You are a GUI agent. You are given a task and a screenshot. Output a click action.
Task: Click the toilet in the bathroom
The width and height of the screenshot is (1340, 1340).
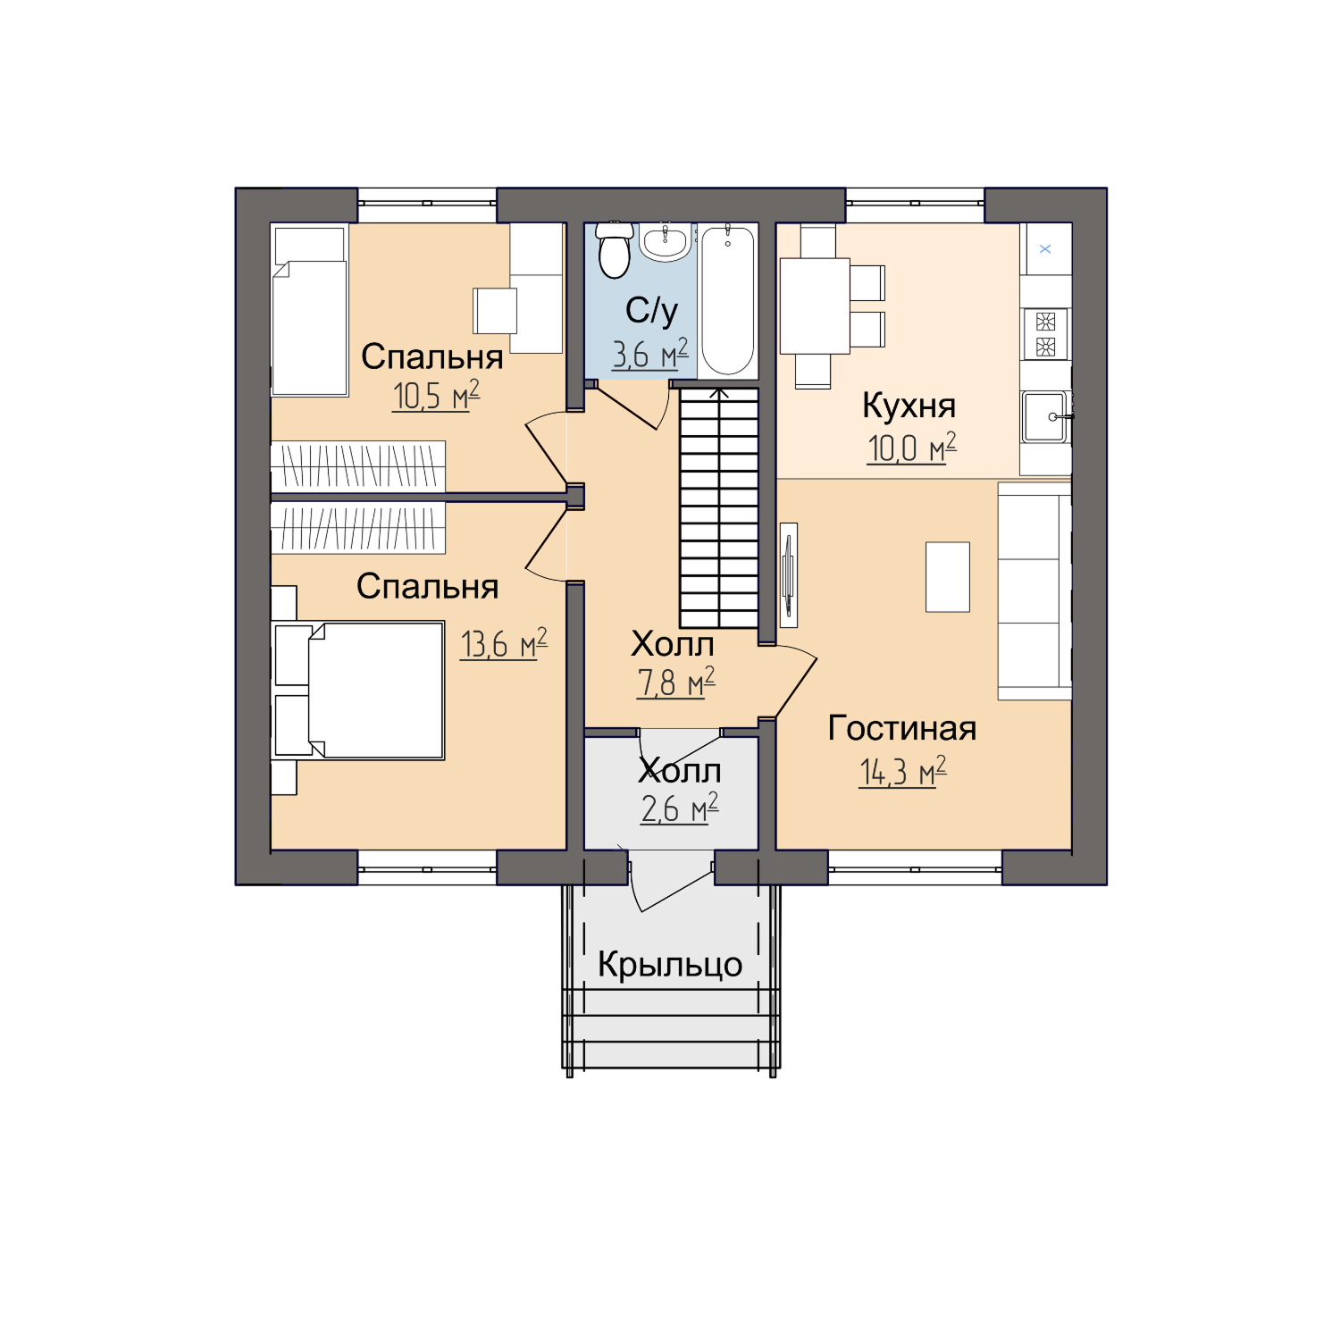click(615, 249)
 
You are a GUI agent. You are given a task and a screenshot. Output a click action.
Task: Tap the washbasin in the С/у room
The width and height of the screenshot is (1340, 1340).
click(665, 241)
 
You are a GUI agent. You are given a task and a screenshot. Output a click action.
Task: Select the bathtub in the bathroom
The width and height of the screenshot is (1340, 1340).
click(727, 300)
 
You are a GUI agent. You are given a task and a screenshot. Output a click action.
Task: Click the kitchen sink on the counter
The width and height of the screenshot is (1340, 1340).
click(1045, 416)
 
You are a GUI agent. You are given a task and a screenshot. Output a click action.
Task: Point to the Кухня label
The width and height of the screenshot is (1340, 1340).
click(909, 406)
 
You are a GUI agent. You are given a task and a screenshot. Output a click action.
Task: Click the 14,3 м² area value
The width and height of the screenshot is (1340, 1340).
click(902, 771)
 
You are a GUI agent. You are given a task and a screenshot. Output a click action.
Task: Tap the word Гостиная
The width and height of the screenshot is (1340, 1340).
click(902, 728)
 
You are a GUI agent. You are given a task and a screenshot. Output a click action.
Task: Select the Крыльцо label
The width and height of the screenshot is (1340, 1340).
click(670, 965)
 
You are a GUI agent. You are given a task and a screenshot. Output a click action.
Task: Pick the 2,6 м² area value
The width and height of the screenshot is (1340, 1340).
click(680, 808)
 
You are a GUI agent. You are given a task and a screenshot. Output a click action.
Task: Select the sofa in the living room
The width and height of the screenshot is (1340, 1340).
click(1034, 591)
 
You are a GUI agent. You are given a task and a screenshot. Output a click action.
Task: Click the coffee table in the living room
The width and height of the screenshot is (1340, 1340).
click(948, 577)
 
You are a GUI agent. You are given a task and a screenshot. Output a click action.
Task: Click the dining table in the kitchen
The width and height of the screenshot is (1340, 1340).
click(815, 306)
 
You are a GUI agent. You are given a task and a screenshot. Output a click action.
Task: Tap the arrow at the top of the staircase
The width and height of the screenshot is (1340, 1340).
click(719, 393)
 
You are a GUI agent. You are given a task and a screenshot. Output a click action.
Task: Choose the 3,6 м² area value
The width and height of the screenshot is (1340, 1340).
click(649, 354)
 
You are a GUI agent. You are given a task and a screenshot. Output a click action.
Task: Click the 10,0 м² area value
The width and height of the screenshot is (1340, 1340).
click(911, 448)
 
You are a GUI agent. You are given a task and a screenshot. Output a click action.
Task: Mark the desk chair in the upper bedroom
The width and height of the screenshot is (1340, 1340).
click(495, 311)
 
